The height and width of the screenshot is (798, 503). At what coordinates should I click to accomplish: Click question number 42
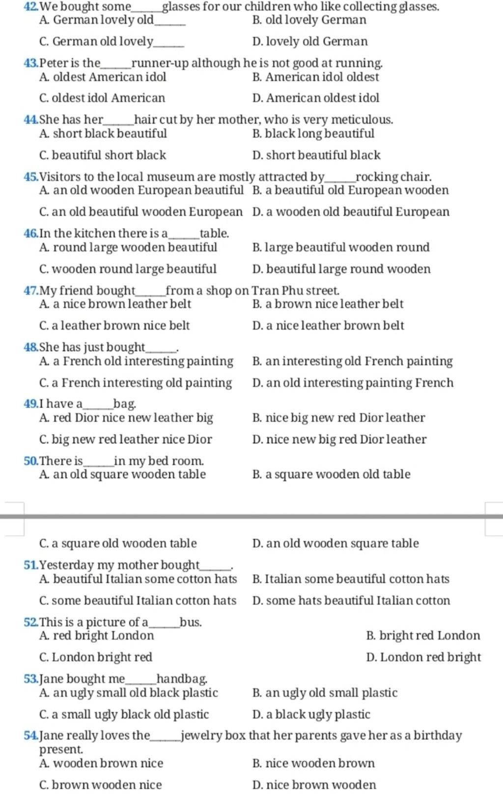coord(30,7)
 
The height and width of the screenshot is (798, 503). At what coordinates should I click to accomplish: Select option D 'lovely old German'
coord(310,41)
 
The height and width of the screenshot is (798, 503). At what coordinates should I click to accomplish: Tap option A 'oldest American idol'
coord(103,77)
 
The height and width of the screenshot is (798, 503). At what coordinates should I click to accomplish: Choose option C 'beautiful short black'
coord(103,155)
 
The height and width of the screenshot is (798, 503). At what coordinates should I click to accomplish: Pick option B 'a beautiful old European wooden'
coord(350,190)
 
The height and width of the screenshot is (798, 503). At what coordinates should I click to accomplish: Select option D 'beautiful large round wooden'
coord(341,269)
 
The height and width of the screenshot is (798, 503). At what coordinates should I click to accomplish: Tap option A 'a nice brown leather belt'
coord(115,304)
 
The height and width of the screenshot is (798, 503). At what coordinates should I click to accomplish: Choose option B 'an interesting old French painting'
coord(352,361)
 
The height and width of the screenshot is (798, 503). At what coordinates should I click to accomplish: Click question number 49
coord(30,404)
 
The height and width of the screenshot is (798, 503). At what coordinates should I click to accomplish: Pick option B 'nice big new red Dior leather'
coord(338,418)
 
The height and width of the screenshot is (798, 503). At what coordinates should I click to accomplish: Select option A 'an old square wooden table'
coord(122,474)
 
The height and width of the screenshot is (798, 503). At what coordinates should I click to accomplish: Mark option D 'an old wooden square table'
coord(335,543)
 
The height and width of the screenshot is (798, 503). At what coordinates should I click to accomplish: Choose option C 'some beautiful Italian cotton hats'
coord(138,600)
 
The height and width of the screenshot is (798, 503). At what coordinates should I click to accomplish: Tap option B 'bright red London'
coord(423,636)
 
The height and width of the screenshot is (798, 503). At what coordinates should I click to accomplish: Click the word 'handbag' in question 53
coord(181,679)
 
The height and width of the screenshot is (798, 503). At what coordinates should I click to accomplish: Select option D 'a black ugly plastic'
coord(311,714)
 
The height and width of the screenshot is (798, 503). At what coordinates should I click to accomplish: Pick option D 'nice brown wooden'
coord(314,785)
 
